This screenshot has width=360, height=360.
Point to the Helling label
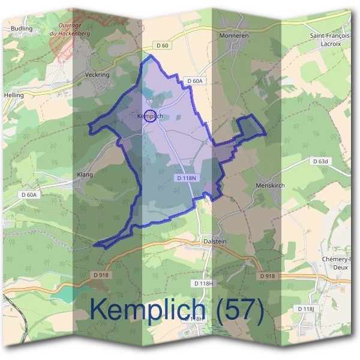[13, 95]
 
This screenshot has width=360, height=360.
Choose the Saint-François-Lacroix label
[331, 40]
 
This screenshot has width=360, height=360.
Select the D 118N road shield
[187, 178]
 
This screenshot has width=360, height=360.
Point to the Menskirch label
[270, 185]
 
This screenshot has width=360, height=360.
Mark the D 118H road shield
[205, 283]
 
